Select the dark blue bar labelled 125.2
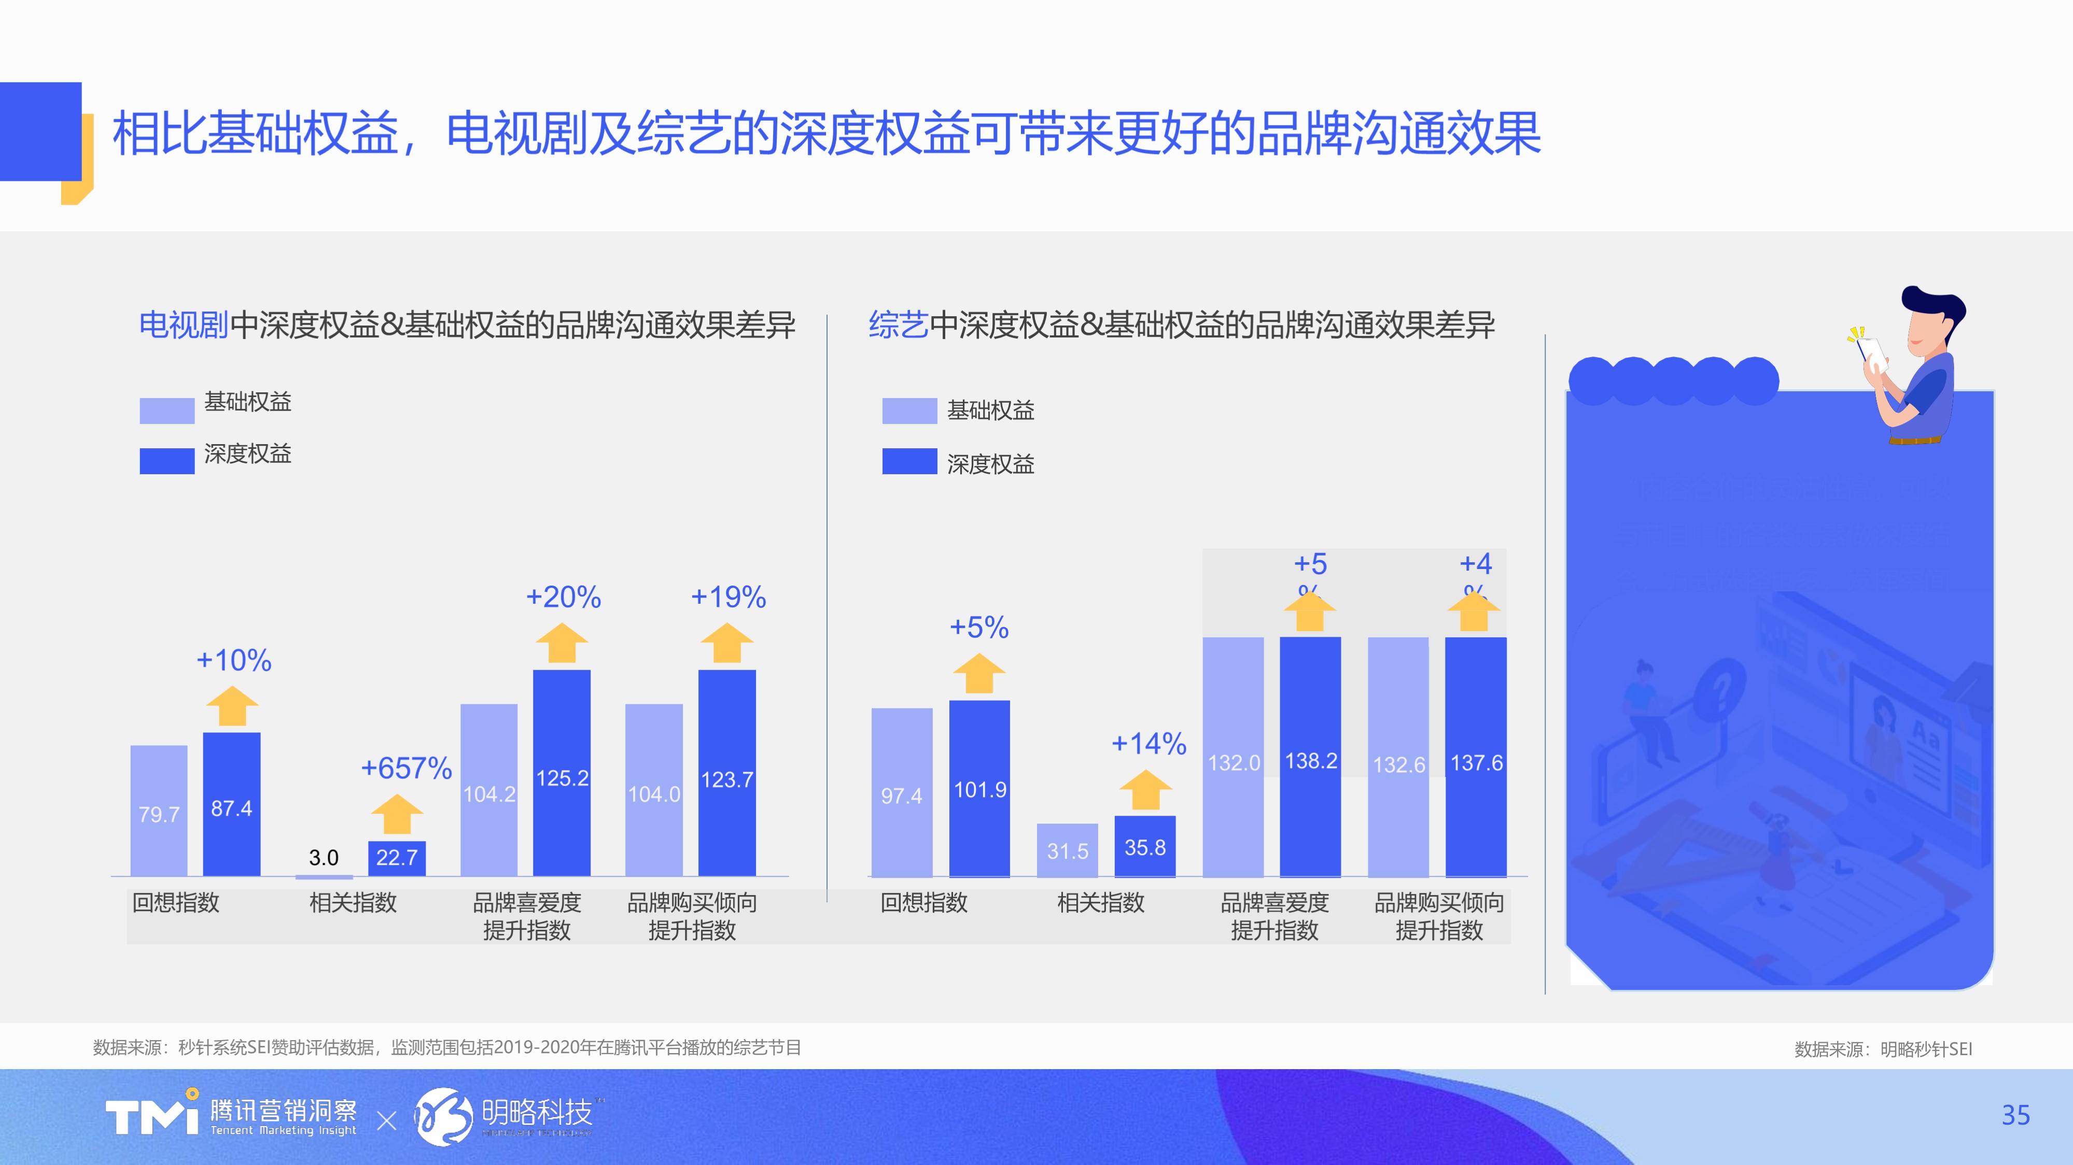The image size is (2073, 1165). pos(562,772)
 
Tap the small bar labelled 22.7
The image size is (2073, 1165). pos(397,858)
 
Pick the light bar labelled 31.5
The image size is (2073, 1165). pos(1067,849)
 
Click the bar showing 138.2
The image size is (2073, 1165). pos(1310,756)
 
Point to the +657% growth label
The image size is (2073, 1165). pos(407,769)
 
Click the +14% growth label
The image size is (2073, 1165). pos(1148,743)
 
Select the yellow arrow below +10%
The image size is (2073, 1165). pos(233,706)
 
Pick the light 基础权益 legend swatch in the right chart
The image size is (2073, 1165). pos(909,410)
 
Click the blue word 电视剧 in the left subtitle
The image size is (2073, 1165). pos(184,325)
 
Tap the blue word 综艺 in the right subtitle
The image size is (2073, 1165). pos(898,325)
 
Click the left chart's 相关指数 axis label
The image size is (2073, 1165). pos(353,903)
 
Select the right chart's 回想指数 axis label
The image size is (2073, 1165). pos(924,903)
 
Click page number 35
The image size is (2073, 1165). pos(2015,1115)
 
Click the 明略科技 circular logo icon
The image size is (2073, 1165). pos(443,1116)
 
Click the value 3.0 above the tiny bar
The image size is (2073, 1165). pos(324,858)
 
